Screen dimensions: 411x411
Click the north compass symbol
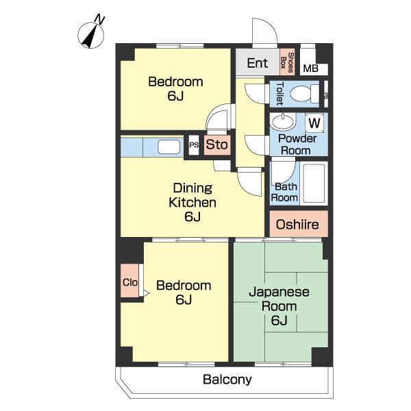[x=91, y=34]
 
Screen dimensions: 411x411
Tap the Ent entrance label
[x=258, y=63]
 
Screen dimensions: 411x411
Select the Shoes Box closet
[x=287, y=62]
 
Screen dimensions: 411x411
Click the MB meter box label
[x=311, y=68]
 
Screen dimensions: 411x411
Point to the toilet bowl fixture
[x=305, y=94]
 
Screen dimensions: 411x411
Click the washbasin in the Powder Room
[x=282, y=122]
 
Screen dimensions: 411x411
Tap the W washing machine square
[x=314, y=123]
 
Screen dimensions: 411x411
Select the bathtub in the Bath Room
[x=314, y=183]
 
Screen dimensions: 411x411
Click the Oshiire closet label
[x=297, y=225]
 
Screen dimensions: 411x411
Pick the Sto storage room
[x=217, y=145]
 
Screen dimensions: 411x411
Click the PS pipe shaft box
[x=194, y=145]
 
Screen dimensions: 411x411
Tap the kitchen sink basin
[x=169, y=147]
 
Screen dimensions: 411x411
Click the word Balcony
[x=227, y=379]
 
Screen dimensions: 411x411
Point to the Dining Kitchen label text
[x=192, y=195]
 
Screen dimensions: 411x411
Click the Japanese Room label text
[x=279, y=299]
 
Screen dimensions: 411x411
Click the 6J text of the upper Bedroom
[x=175, y=96]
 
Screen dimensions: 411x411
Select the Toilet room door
[x=255, y=94]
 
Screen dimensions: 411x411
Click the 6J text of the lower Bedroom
[x=184, y=299]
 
